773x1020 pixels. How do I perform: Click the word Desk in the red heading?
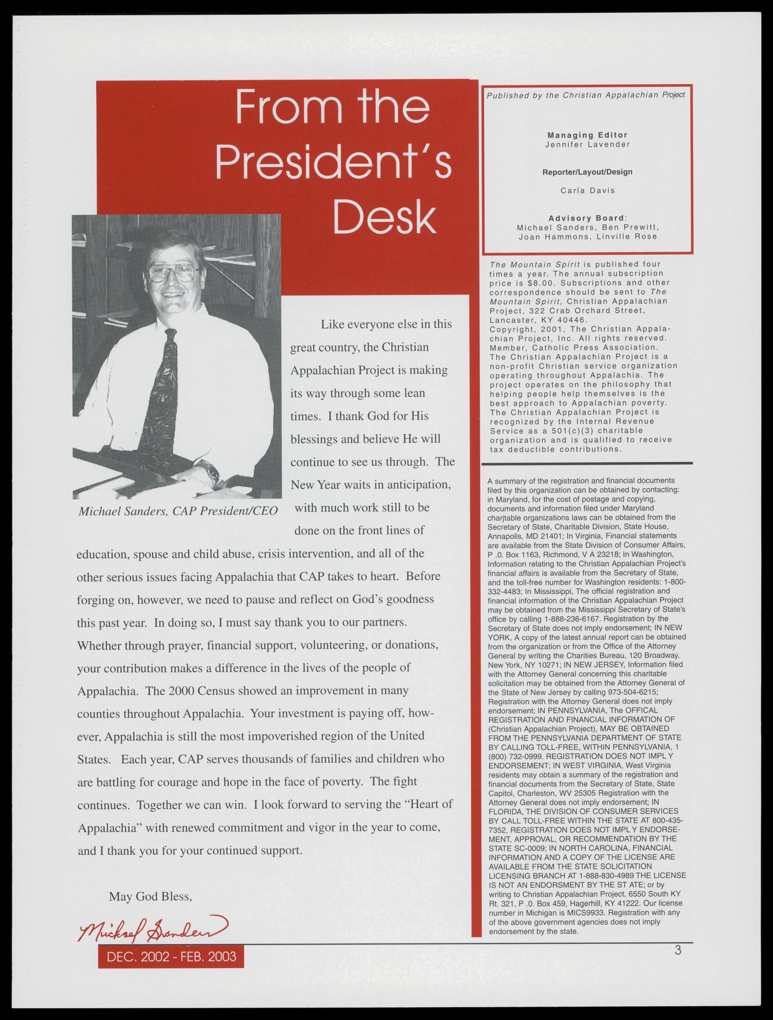click(384, 217)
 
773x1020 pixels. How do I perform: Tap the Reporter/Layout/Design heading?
click(587, 172)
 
